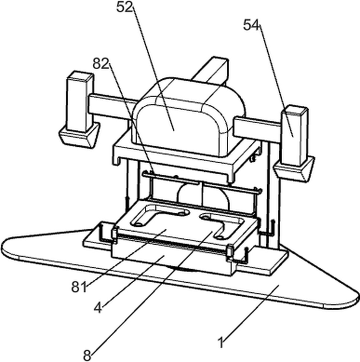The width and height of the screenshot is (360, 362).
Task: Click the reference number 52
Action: (x=125, y=7)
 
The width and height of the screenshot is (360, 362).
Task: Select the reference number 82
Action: (x=101, y=63)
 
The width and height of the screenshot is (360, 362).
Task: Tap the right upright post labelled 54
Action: (x=294, y=136)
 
